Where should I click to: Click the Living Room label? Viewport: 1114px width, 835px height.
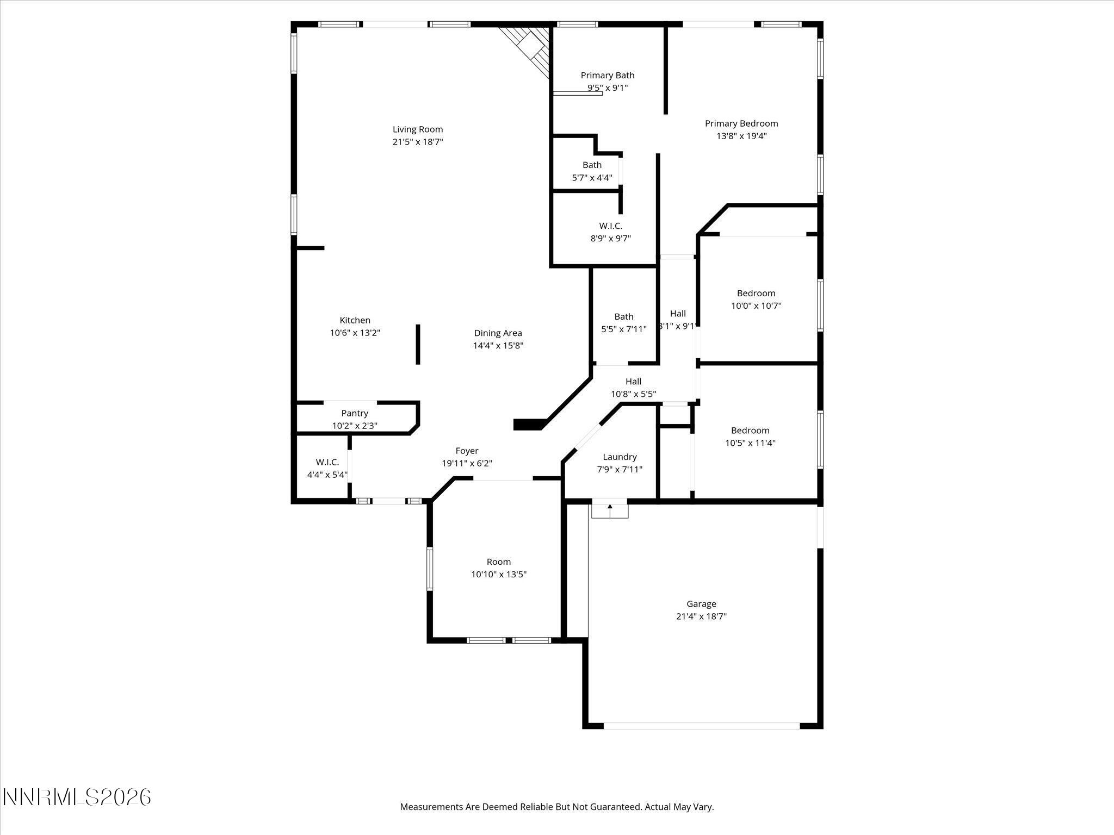click(418, 129)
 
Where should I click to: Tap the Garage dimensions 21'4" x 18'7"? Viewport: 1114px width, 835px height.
click(701, 616)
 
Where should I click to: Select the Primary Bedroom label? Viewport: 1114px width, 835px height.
click(741, 123)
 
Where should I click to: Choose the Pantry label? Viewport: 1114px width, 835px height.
click(355, 413)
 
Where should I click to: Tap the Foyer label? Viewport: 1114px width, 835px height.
click(467, 451)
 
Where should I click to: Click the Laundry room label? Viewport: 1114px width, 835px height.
click(620, 457)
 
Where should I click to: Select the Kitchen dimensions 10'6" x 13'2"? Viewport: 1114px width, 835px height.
click(355, 333)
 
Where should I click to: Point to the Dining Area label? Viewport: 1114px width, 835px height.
click(498, 333)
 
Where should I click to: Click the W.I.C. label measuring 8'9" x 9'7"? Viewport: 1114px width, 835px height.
click(610, 226)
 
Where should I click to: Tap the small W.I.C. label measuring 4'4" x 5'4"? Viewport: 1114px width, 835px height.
click(327, 462)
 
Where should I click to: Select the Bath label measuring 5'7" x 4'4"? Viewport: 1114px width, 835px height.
click(592, 165)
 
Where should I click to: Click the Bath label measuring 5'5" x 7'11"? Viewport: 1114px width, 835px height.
click(623, 316)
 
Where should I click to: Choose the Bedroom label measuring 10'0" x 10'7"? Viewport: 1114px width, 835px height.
click(756, 293)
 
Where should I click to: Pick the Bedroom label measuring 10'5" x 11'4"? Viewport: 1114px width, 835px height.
click(750, 430)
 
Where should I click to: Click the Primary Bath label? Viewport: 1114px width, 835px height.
click(607, 76)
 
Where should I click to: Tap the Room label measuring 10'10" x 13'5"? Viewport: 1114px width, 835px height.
click(498, 562)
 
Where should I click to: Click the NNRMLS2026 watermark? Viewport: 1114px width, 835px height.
click(77, 797)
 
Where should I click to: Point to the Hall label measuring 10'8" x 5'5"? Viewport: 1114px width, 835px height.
click(633, 382)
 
